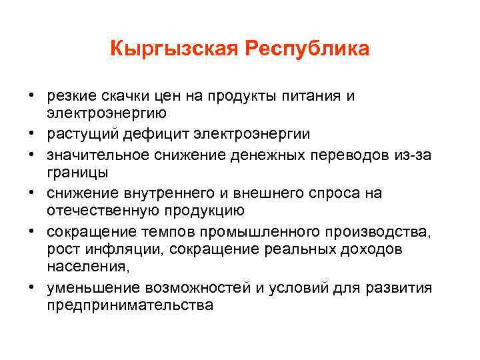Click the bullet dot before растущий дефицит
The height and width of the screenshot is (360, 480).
[x=31, y=134]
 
